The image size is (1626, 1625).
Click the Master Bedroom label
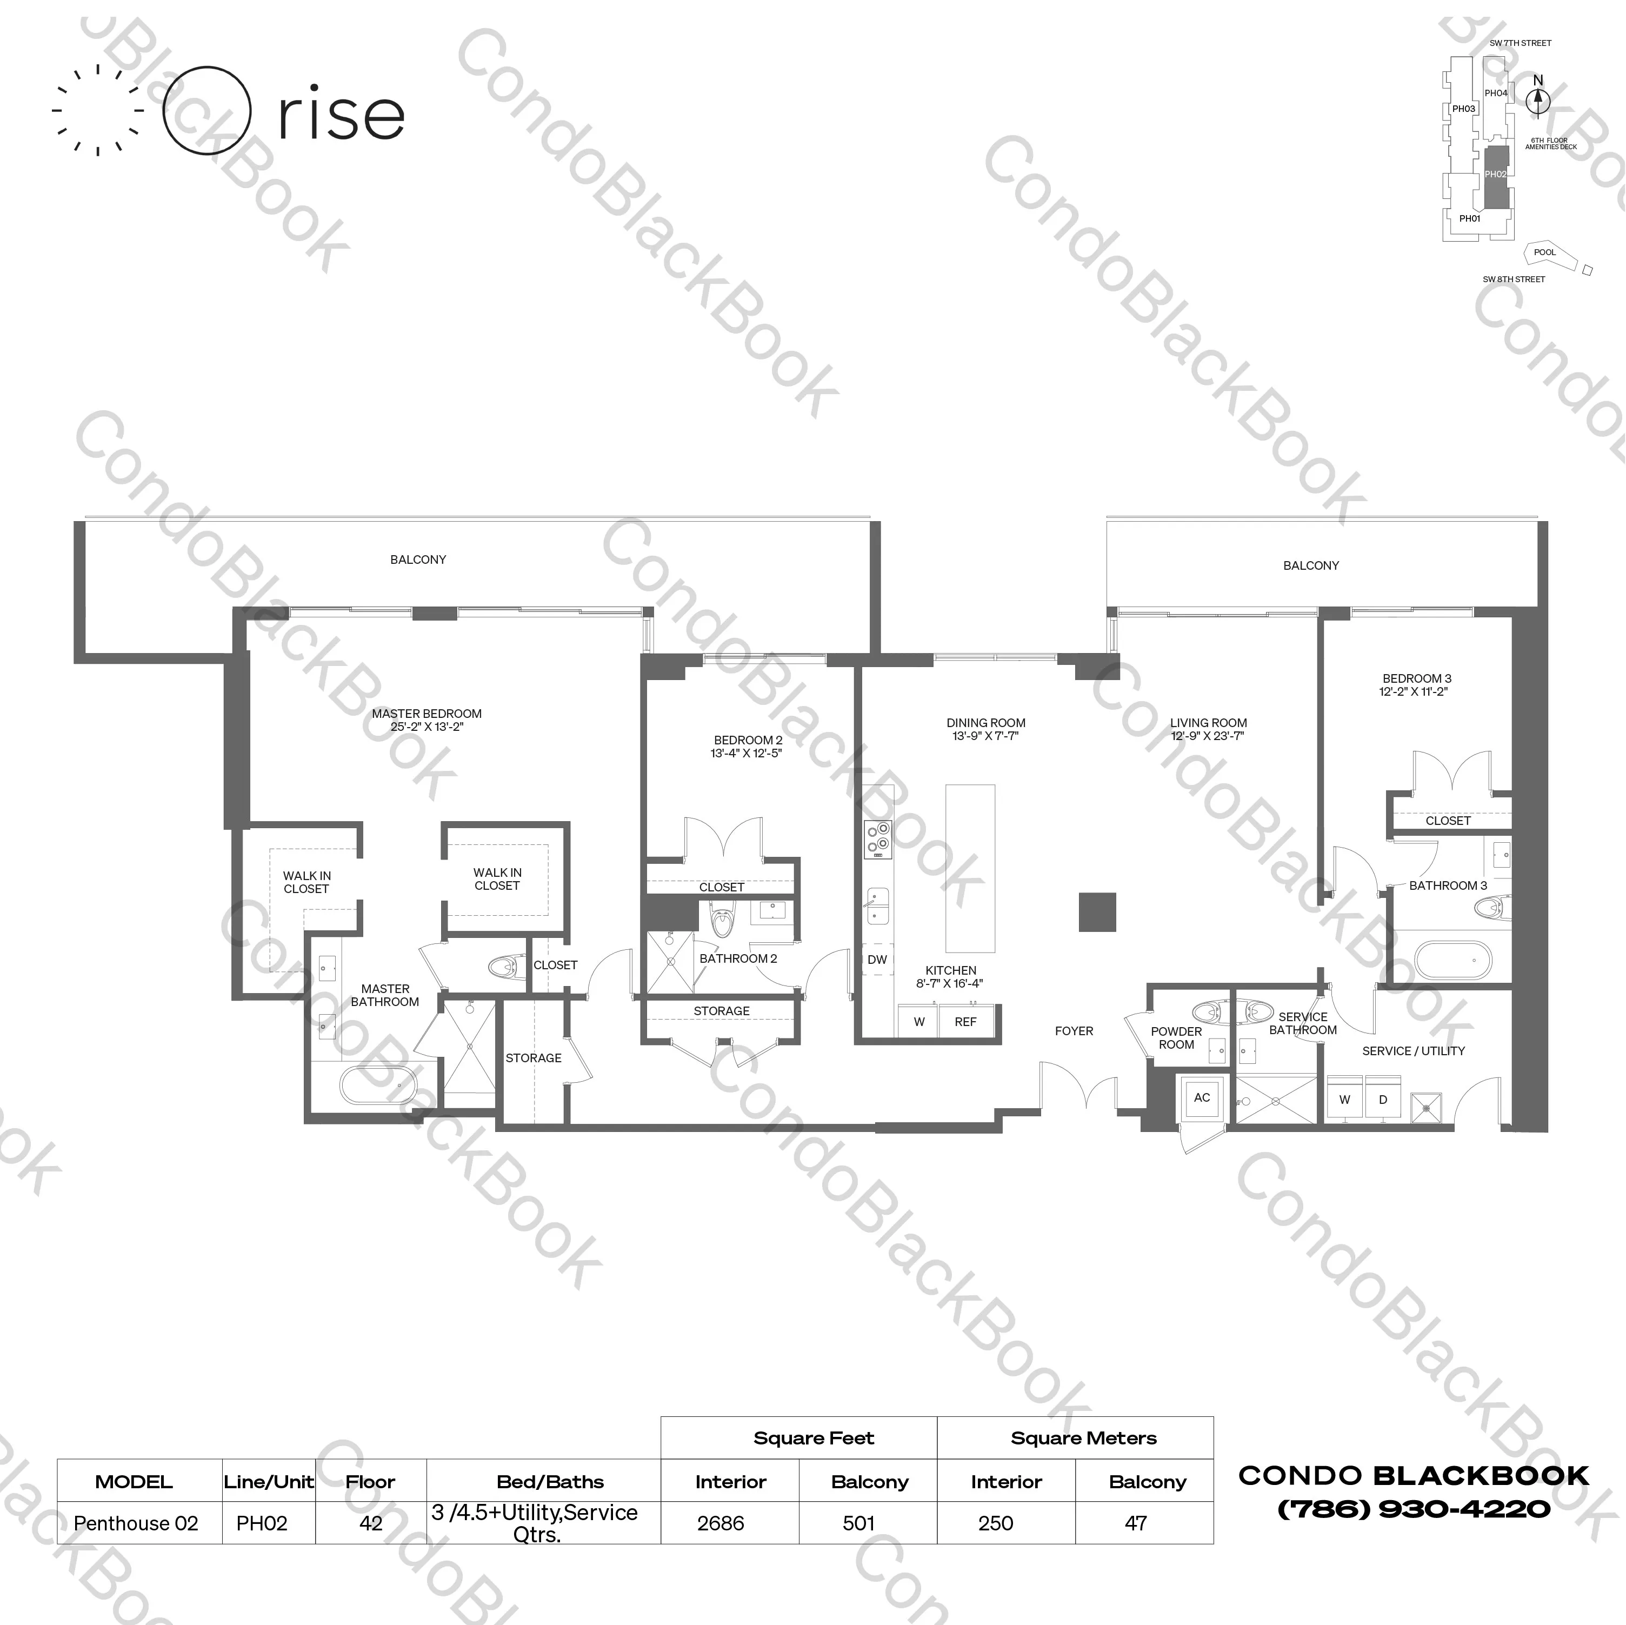coord(427,714)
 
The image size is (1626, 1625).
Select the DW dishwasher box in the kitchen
coord(877,960)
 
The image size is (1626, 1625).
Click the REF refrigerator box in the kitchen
coord(965,1022)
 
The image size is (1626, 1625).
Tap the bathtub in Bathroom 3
coord(1452,960)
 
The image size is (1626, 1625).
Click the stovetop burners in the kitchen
coord(878,839)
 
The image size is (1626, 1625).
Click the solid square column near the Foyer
coord(1097,912)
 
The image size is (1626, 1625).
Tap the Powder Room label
coord(1176,1037)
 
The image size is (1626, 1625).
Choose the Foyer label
coord(1074,1031)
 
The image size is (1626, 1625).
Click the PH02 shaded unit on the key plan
coord(1496,177)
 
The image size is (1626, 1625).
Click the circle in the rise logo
coord(206,111)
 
